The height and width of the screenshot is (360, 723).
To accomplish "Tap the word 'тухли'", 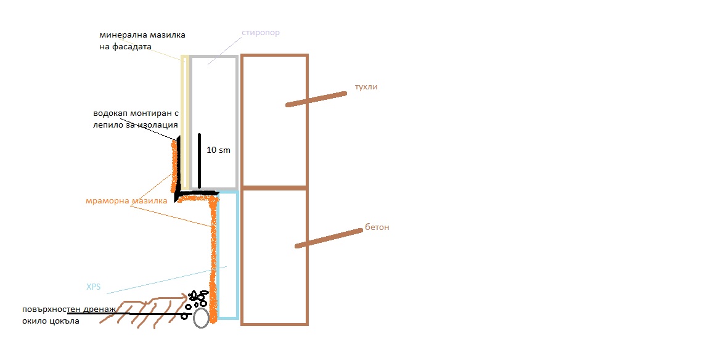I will pyautogui.click(x=366, y=87).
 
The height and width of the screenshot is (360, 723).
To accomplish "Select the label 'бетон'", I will pyautogui.click(x=378, y=227).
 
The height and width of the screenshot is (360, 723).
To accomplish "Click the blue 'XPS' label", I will pyautogui.click(x=94, y=287).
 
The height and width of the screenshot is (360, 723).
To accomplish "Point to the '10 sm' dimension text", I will pyautogui.click(x=219, y=150).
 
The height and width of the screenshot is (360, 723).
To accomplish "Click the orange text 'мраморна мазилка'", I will pyautogui.click(x=126, y=201).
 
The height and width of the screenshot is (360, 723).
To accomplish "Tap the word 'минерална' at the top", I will pyautogui.click(x=118, y=35).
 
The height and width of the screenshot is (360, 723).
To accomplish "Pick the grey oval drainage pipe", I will pyautogui.click(x=201, y=318).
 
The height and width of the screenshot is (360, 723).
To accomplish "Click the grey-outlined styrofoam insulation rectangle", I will pyautogui.click(x=213, y=99).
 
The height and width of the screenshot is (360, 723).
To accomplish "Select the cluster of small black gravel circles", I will pyautogui.click(x=198, y=298).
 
